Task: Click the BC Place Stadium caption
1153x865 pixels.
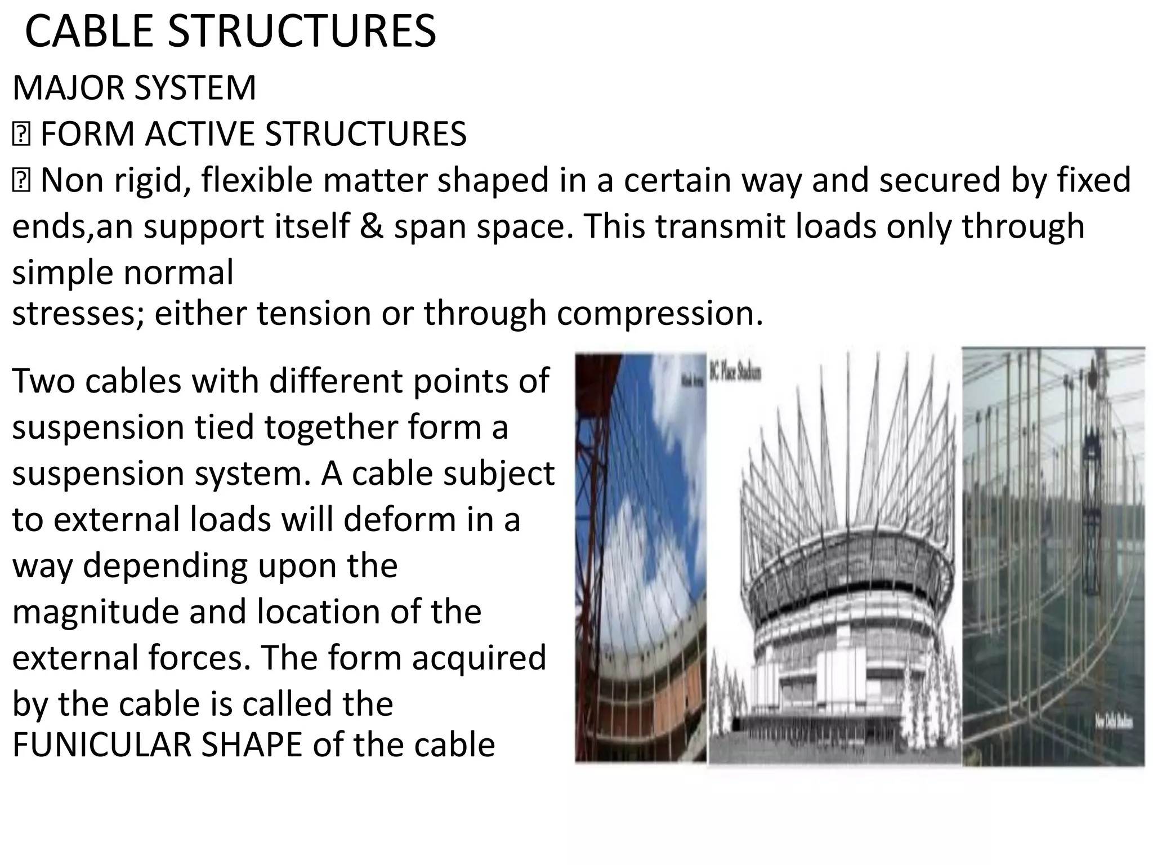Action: (735, 373)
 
